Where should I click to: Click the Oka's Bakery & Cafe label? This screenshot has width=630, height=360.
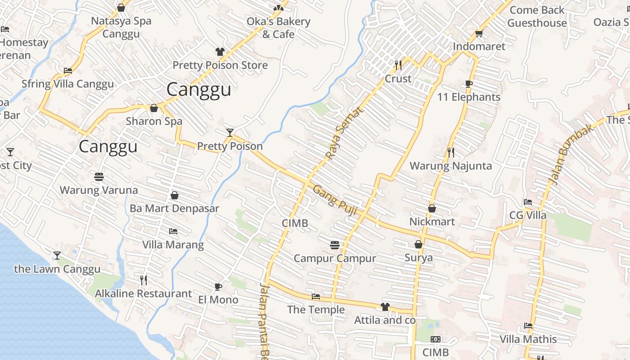(279, 28)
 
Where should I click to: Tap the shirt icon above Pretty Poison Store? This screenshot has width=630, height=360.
(220, 52)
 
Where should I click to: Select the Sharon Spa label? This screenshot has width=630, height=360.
(154, 121)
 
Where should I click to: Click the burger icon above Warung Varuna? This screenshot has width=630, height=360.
(99, 177)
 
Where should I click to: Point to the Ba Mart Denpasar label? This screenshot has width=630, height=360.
(174, 208)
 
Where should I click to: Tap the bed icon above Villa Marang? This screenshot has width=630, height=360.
(173, 231)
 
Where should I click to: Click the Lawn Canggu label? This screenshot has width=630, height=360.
(57, 269)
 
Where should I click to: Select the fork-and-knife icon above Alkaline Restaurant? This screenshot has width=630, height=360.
(143, 280)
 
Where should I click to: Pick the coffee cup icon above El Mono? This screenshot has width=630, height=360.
(218, 287)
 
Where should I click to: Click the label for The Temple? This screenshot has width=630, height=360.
(316, 310)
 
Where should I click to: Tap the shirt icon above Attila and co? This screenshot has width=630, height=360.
(385, 307)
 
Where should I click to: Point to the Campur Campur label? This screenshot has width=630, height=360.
(334, 258)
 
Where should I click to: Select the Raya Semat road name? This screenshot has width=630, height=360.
(343, 133)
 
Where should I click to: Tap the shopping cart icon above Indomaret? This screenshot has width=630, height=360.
(479, 34)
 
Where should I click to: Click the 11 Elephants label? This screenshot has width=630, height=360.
(468, 97)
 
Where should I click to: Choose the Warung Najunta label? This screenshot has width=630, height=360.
(450, 166)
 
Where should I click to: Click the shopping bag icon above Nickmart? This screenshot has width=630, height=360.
(432, 208)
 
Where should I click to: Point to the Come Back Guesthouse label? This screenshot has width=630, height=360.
(537, 17)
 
